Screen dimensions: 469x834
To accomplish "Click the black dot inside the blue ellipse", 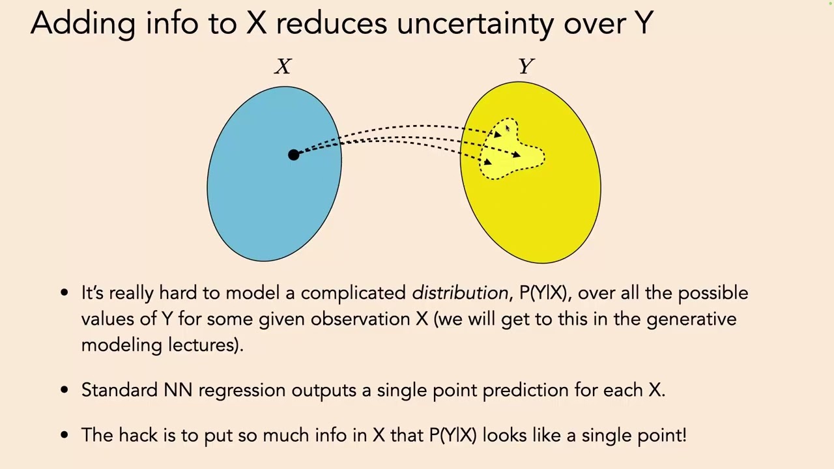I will tap(293, 154).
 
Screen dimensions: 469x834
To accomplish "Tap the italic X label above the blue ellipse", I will tap(283, 66).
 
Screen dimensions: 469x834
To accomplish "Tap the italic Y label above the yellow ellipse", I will tap(526, 66).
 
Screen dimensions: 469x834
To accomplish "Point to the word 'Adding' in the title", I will tap(83, 23).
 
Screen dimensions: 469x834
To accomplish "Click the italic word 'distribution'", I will tap(460, 293).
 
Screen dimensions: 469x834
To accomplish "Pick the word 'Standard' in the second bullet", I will tap(120, 390).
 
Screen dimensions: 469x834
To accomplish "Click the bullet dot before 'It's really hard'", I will tap(64, 293).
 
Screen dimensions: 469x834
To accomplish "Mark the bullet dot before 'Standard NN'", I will tap(64, 390).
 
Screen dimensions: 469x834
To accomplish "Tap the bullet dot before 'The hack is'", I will tap(64, 435).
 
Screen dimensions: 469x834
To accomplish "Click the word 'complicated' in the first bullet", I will tap(353, 293).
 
